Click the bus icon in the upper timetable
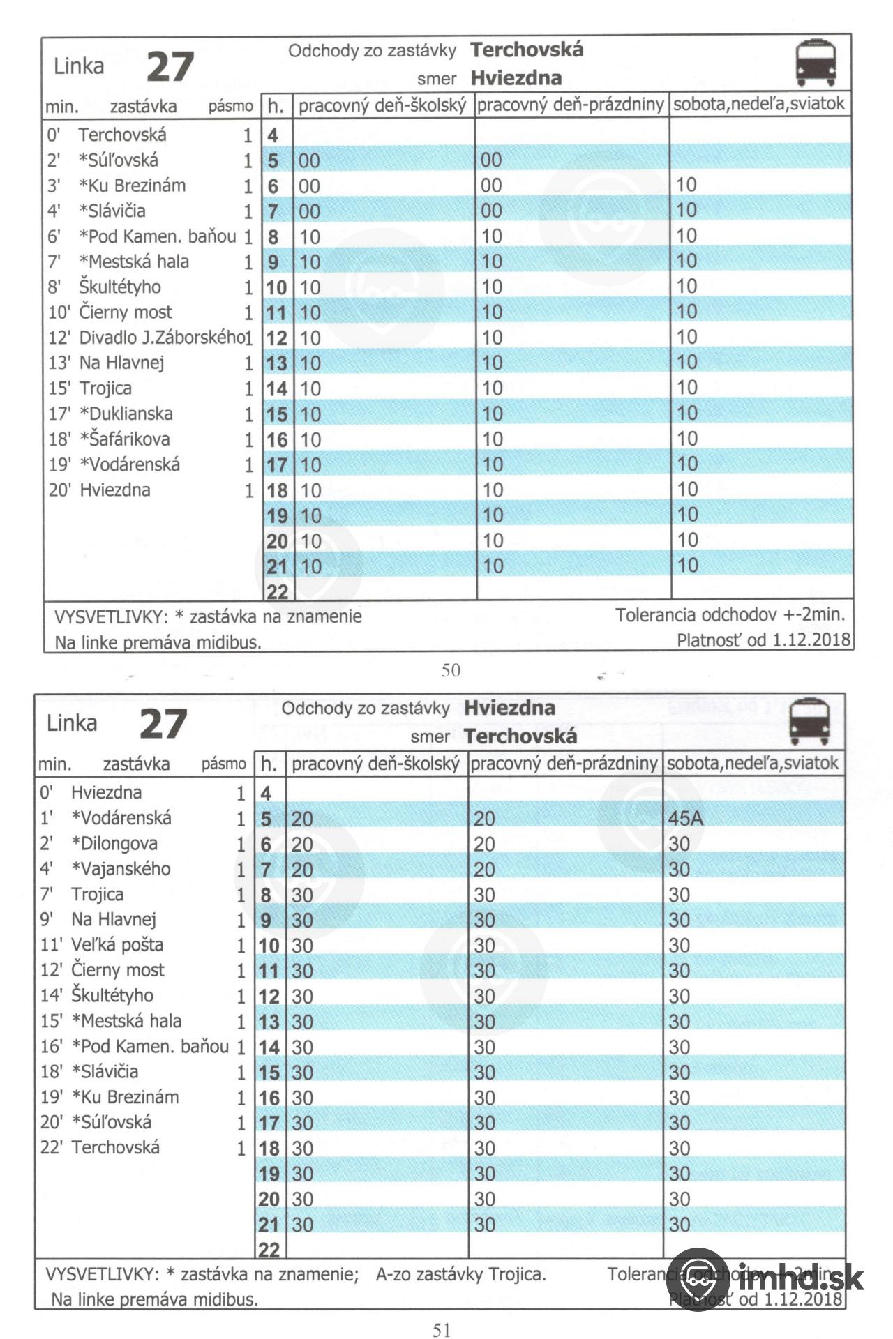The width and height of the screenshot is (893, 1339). tap(816, 63)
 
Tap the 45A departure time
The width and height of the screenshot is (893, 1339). tap(685, 818)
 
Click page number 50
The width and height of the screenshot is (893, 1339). tap(451, 670)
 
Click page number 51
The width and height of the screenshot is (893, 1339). tap(442, 1330)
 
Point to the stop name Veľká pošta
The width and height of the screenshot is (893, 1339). tap(117, 945)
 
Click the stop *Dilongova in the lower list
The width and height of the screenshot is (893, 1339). tap(114, 844)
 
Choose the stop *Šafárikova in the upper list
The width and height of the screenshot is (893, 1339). tap(124, 439)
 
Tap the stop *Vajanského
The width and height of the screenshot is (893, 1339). tap(121, 869)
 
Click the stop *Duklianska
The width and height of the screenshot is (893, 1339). tap(126, 414)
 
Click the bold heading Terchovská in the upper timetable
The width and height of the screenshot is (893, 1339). tap(527, 50)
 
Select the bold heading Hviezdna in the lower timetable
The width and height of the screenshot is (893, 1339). tap(509, 708)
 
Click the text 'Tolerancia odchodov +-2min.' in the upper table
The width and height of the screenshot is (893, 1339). tap(730, 615)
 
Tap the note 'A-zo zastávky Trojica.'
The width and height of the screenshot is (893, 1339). tap(460, 1275)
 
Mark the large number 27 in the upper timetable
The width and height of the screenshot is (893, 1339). tap(170, 68)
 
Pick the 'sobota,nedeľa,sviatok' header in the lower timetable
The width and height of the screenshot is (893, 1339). tap(752, 763)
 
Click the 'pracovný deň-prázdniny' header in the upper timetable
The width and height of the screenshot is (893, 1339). tap(570, 105)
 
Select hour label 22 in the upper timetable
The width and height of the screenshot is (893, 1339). tap(277, 592)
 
